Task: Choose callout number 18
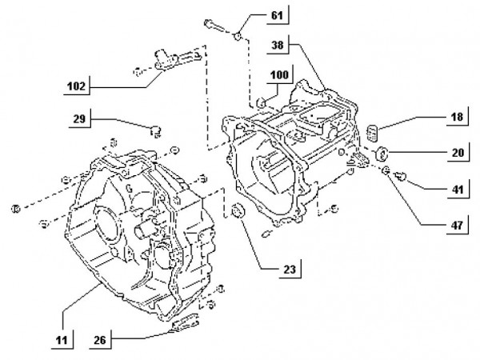[x=454, y=117]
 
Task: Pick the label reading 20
[x=454, y=150]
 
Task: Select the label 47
[x=454, y=226]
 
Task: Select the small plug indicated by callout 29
[x=156, y=130]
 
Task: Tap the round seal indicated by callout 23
[x=236, y=212]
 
